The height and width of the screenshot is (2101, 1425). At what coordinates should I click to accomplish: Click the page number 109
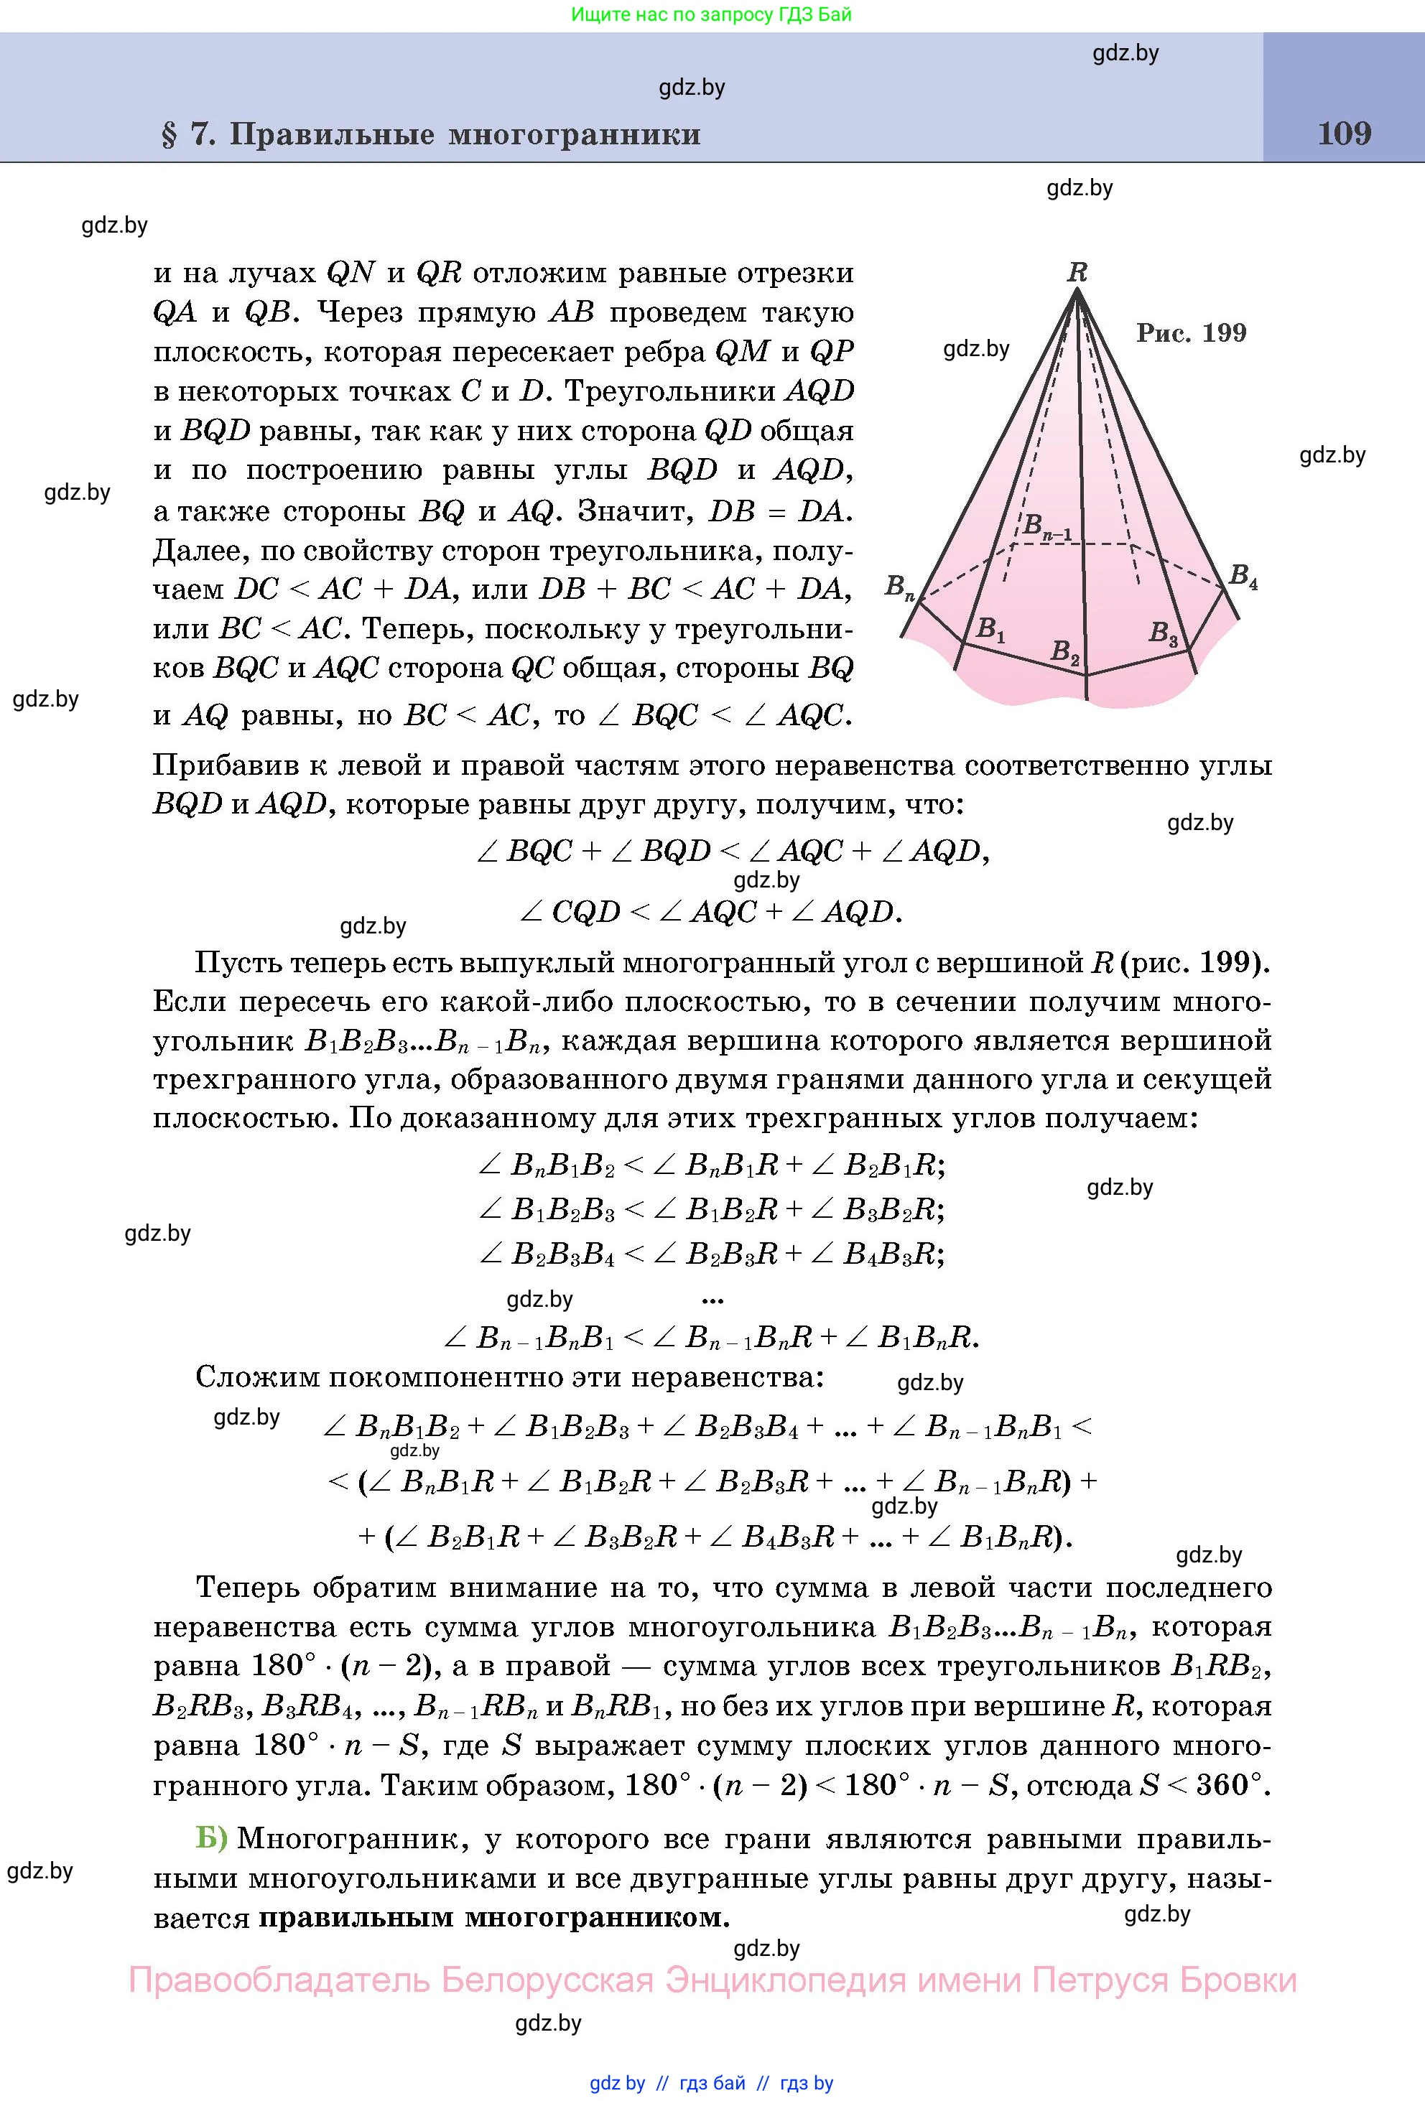[1344, 134]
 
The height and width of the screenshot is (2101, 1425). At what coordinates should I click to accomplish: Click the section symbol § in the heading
[169, 135]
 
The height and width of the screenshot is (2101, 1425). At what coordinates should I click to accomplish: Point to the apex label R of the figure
[1077, 271]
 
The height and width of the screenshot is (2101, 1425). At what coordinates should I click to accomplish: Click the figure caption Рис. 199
[1191, 332]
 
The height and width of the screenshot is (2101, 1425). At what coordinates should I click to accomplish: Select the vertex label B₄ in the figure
[1243, 576]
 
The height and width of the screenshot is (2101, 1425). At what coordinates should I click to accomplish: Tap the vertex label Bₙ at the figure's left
[900, 587]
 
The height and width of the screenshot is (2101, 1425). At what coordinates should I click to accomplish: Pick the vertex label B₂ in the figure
[1064, 652]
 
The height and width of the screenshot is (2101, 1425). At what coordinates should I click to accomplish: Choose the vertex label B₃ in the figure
[1163, 634]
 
